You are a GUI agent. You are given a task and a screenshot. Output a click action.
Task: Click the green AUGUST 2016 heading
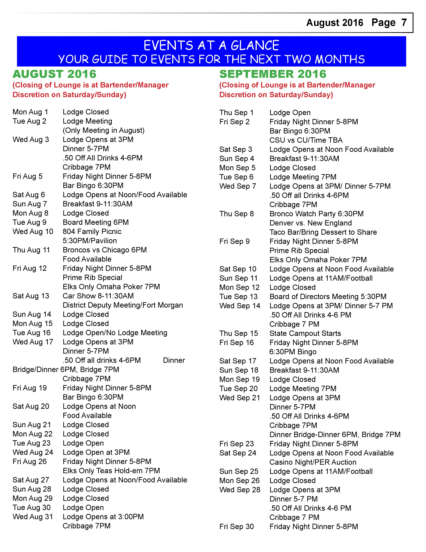tap(54, 74)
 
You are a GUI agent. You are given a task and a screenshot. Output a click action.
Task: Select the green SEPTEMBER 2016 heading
tap(273, 74)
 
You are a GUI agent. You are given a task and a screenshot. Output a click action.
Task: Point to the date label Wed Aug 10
tap(33, 232)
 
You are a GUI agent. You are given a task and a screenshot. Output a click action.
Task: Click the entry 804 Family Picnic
tap(92, 232)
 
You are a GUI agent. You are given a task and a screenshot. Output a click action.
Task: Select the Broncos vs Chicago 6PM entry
tap(104, 250)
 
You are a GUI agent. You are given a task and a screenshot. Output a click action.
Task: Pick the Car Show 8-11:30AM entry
tap(98, 296)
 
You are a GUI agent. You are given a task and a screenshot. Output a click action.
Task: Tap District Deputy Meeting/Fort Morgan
tap(123, 305)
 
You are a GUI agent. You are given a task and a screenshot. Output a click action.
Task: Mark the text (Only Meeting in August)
tap(103, 130)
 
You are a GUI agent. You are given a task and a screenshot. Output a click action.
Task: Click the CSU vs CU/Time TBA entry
tap(306, 140)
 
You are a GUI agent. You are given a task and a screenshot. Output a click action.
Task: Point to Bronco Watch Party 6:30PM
tap(316, 214)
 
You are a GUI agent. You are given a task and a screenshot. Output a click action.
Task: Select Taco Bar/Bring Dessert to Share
tap(323, 232)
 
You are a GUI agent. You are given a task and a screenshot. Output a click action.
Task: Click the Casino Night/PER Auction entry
tap(313, 462)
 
